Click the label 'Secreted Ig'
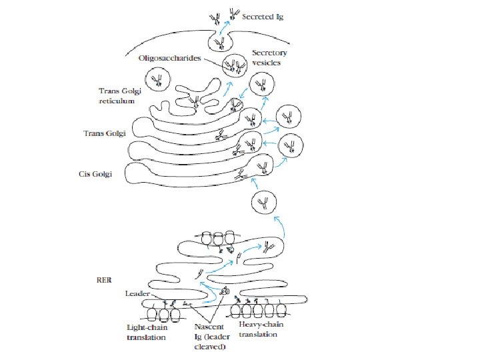pos(262,15)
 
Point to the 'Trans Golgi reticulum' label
pos(117,95)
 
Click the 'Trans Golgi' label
pos(105,133)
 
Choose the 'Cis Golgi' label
pos(97,174)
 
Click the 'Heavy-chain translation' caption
pos(257,329)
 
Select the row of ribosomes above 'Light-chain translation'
pos(164,313)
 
